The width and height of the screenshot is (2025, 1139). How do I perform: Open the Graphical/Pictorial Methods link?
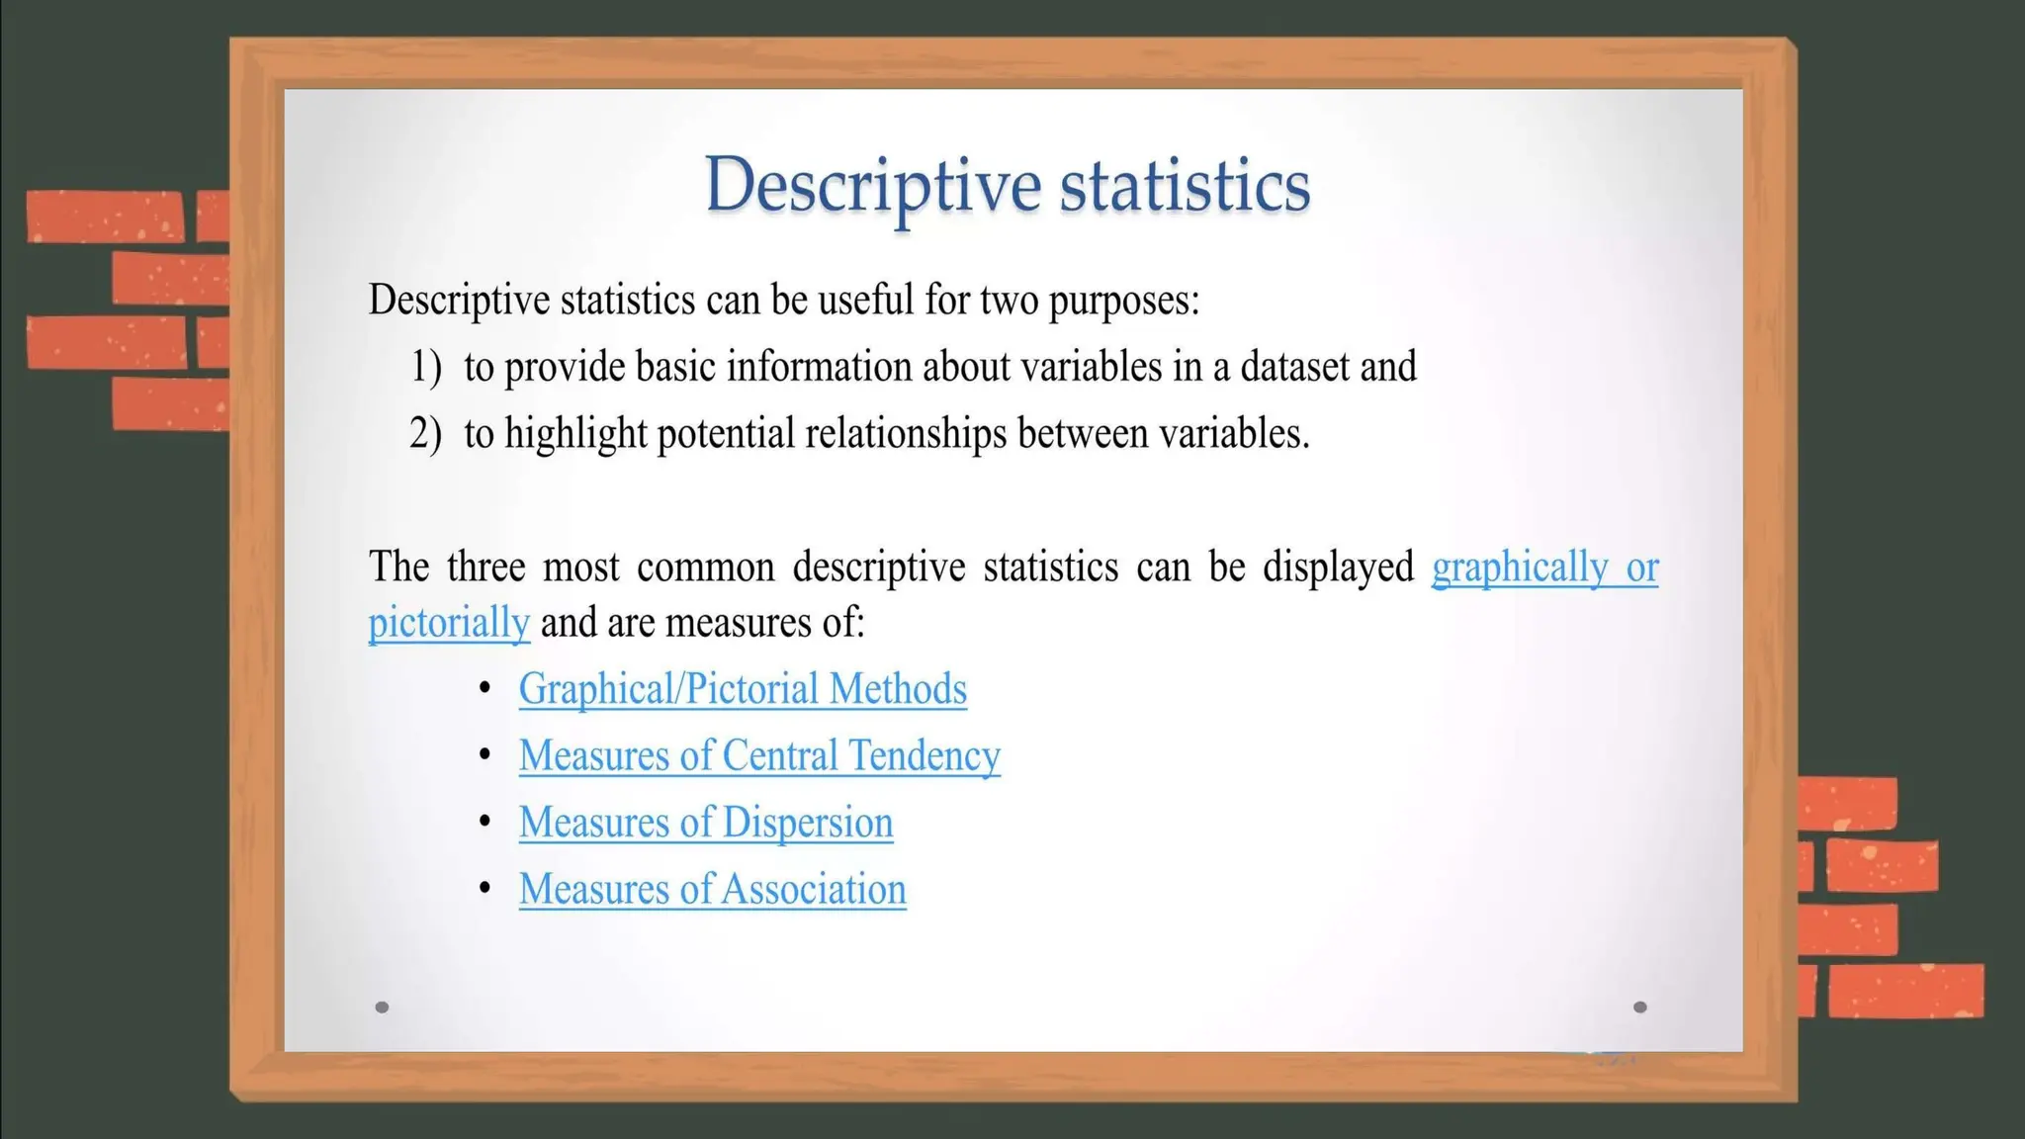[743, 689]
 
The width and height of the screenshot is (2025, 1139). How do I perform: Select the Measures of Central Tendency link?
[759, 756]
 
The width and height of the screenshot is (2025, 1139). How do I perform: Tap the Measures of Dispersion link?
[706, 823]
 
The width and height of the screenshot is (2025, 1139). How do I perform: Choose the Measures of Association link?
[712, 889]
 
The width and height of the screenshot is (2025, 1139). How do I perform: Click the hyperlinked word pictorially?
[449, 624]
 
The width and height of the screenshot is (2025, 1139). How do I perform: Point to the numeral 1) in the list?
[426, 367]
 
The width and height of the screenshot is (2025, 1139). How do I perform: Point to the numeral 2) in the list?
[425, 433]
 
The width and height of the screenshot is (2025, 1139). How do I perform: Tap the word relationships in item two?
[906, 433]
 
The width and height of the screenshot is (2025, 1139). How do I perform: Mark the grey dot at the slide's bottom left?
[382, 1008]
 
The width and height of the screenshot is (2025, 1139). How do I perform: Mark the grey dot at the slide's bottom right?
[1639, 1008]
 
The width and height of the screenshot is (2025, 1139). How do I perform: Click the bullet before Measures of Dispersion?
[484, 821]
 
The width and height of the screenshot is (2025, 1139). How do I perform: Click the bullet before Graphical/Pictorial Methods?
[484, 687]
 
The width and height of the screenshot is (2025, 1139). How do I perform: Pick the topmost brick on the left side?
[105, 216]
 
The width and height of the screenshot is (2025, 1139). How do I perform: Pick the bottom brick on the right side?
[1905, 991]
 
